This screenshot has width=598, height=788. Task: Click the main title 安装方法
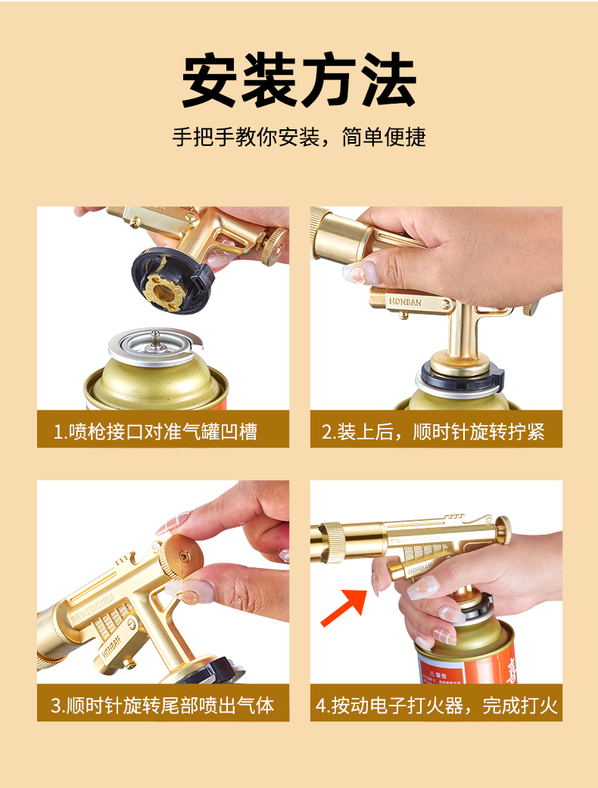[299, 79]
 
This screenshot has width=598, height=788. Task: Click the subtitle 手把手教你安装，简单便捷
[299, 137]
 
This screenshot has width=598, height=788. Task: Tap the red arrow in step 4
[345, 607]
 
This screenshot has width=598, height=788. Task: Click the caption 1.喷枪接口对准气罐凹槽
[155, 432]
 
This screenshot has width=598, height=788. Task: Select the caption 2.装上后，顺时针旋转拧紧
[433, 432]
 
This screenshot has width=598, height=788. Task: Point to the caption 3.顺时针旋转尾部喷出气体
[163, 705]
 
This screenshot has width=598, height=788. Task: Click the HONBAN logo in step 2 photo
[405, 302]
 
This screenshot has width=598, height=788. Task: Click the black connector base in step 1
[171, 281]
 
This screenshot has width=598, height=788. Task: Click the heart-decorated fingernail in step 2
[359, 271]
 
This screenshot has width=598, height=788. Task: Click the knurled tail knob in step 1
[273, 245]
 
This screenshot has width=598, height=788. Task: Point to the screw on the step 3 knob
[184, 555]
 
